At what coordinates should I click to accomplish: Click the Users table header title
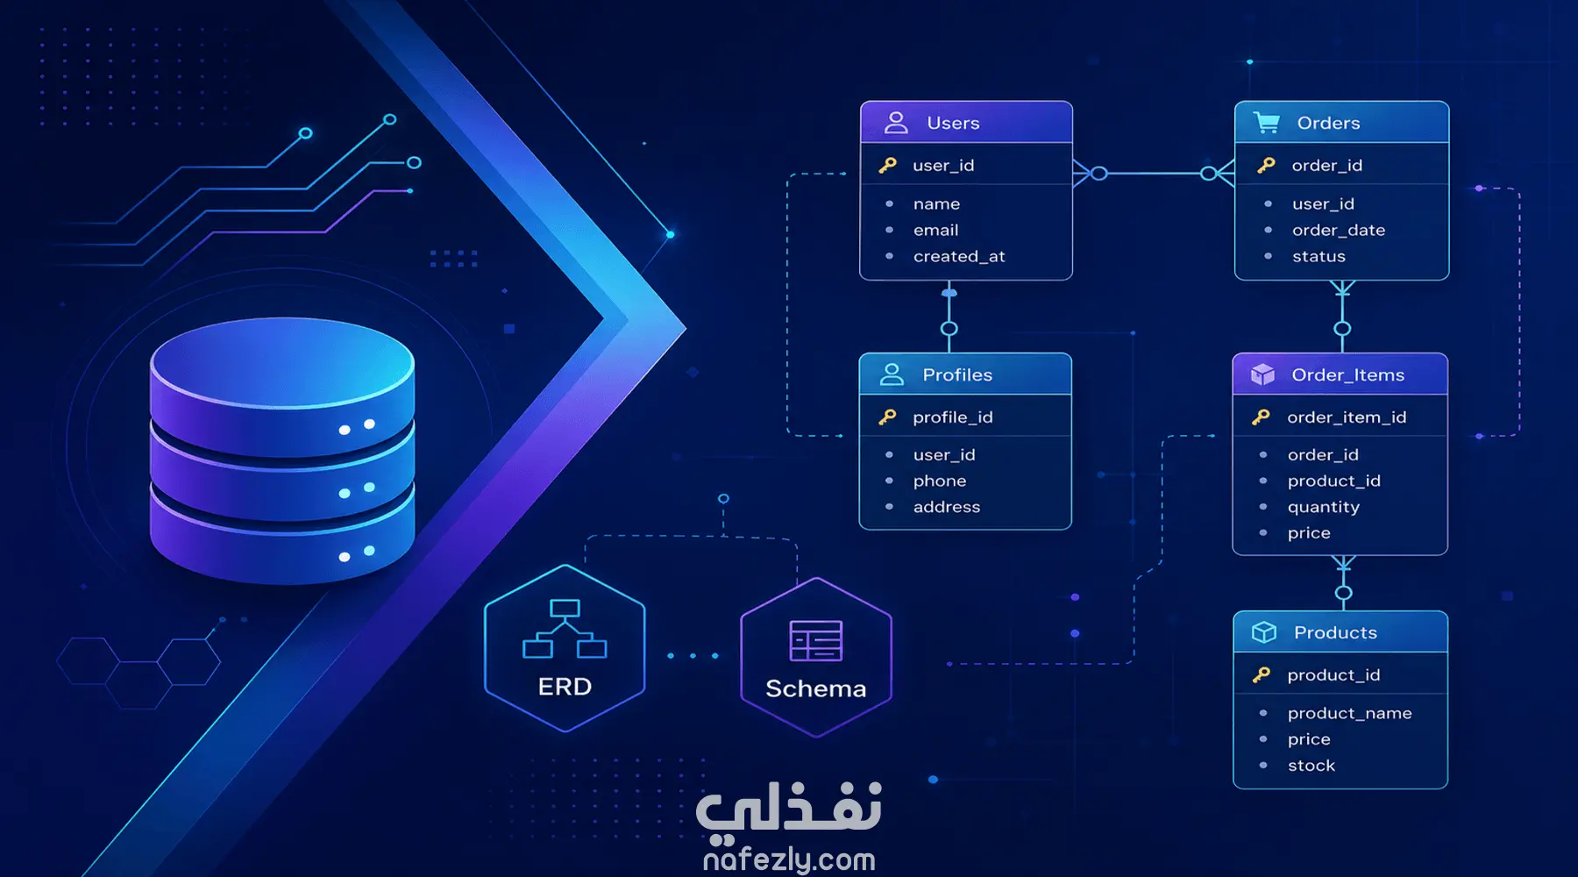(x=953, y=124)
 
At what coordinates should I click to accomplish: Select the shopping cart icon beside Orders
(x=1266, y=123)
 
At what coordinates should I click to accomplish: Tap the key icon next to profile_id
(x=887, y=417)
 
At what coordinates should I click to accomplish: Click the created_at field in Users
(x=959, y=256)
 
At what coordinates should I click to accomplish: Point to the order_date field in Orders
(x=1339, y=230)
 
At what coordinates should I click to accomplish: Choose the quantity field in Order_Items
(x=1324, y=507)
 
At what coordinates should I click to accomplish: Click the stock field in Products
(x=1311, y=766)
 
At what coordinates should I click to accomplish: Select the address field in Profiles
(x=947, y=507)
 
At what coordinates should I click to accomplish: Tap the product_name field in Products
(x=1350, y=713)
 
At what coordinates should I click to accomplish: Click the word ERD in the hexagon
(x=565, y=687)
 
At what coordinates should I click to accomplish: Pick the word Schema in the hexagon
(x=816, y=688)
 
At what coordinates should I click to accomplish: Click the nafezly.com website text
(x=789, y=859)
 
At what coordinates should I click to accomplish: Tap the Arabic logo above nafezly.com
(x=789, y=807)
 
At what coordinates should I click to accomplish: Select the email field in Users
(x=936, y=230)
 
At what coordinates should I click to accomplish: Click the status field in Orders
(x=1319, y=256)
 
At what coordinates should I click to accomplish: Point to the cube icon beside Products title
(x=1264, y=632)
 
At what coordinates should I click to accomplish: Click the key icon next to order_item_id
(x=1261, y=417)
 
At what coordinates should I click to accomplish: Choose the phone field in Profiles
(x=940, y=481)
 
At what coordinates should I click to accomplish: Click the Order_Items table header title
(x=1348, y=375)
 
